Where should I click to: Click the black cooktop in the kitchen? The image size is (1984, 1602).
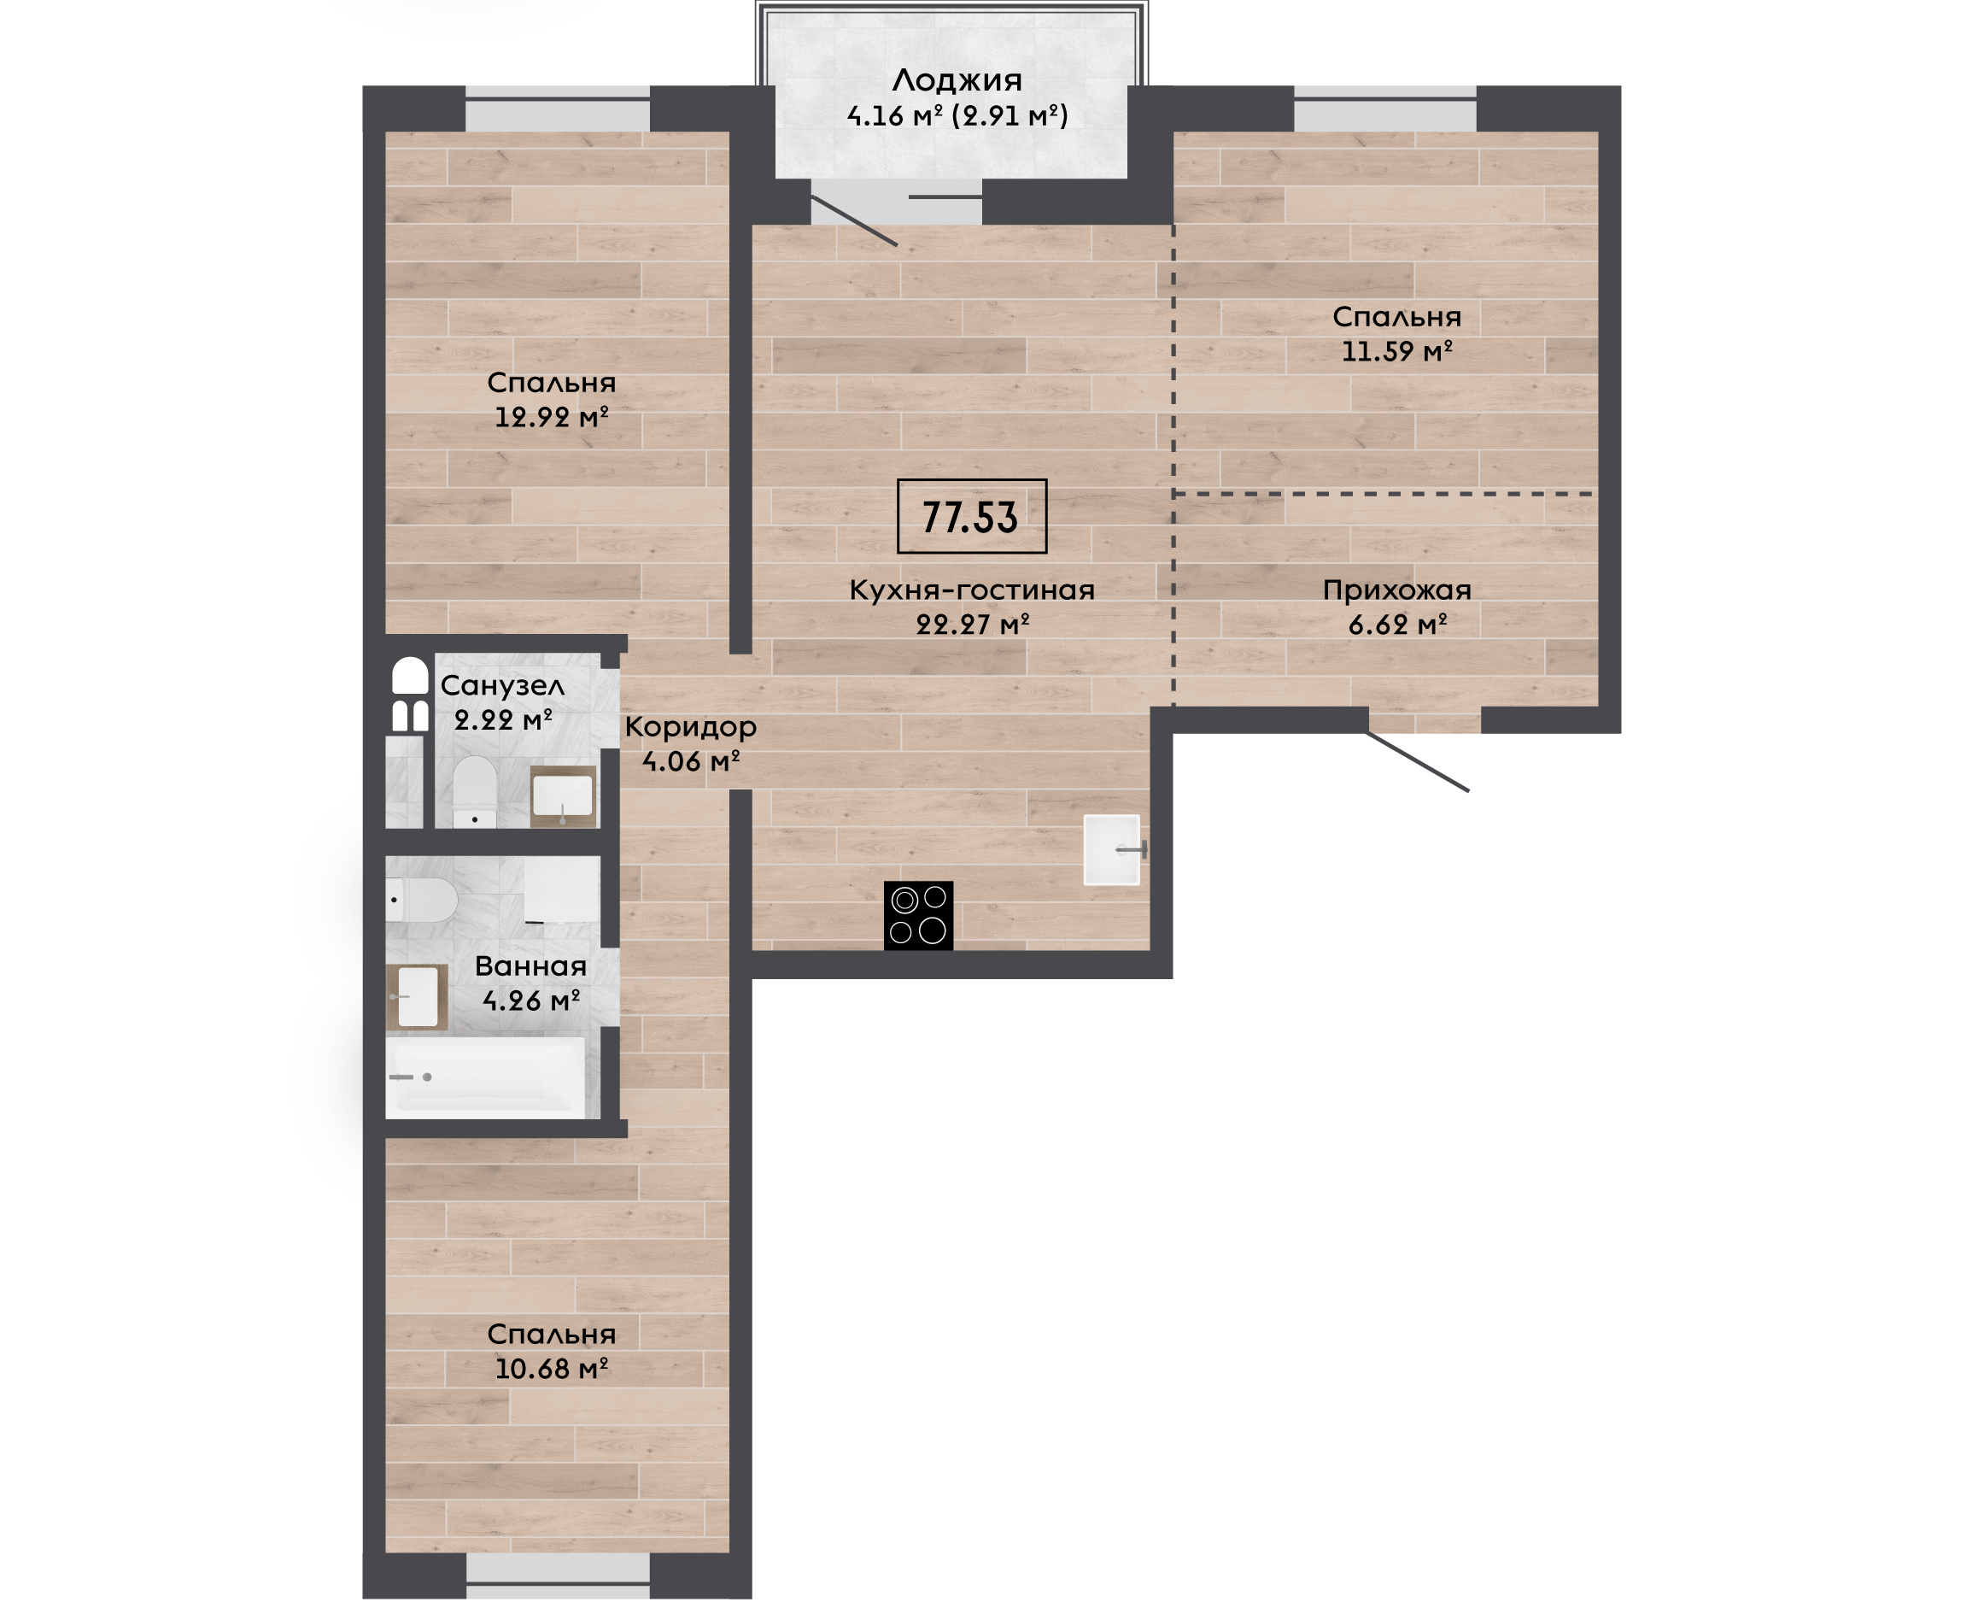coord(918,915)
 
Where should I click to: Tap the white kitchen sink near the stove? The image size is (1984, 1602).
coord(1112,849)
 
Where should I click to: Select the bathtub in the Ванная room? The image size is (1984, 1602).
coord(485,1077)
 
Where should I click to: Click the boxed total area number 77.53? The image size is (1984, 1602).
coord(971,517)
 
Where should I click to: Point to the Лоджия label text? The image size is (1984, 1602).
coord(957,81)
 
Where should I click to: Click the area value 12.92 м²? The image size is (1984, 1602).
coord(552,417)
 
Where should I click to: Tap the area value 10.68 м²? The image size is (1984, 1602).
coord(552,1369)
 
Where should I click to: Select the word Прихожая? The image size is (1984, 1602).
coord(1396,590)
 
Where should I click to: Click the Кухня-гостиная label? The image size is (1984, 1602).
coord(971,590)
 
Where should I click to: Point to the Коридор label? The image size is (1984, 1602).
coord(691,728)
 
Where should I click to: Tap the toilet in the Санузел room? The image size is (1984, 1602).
coord(475,792)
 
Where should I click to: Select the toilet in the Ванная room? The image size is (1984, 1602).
coord(422,899)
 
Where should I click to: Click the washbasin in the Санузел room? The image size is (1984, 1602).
coord(563,795)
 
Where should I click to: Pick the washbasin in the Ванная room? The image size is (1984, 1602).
coord(417,996)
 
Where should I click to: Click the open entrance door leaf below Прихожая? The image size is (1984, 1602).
coord(1418,761)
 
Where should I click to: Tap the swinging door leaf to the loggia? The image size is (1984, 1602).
coord(854,221)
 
